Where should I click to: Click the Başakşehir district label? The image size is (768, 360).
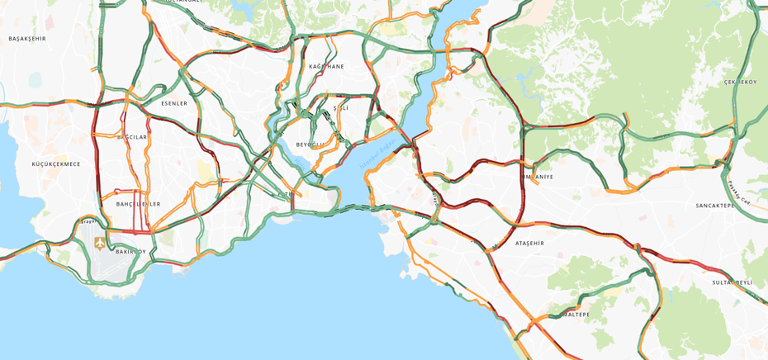click(x=27, y=39)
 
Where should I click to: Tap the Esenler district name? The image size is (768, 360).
click(x=174, y=103)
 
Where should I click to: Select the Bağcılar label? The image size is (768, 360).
click(x=132, y=137)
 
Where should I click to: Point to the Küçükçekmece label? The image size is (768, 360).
click(x=56, y=163)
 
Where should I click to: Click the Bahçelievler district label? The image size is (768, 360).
click(x=138, y=204)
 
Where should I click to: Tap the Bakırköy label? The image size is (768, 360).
click(x=130, y=251)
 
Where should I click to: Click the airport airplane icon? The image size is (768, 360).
click(x=100, y=243)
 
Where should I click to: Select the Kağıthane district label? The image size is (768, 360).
click(x=326, y=66)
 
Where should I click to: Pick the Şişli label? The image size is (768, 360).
click(x=340, y=108)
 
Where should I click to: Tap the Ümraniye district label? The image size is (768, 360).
click(x=538, y=177)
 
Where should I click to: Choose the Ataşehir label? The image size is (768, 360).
click(x=529, y=244)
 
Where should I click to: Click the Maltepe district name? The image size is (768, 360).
click(x=576, y=315)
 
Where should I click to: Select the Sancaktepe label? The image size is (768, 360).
click(x=714, y=206)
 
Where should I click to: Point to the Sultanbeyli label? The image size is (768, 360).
click(x=732, y=282)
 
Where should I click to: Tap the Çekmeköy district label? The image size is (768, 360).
click(x=740, y=83)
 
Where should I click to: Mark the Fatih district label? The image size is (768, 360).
click(x=285, y=195)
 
